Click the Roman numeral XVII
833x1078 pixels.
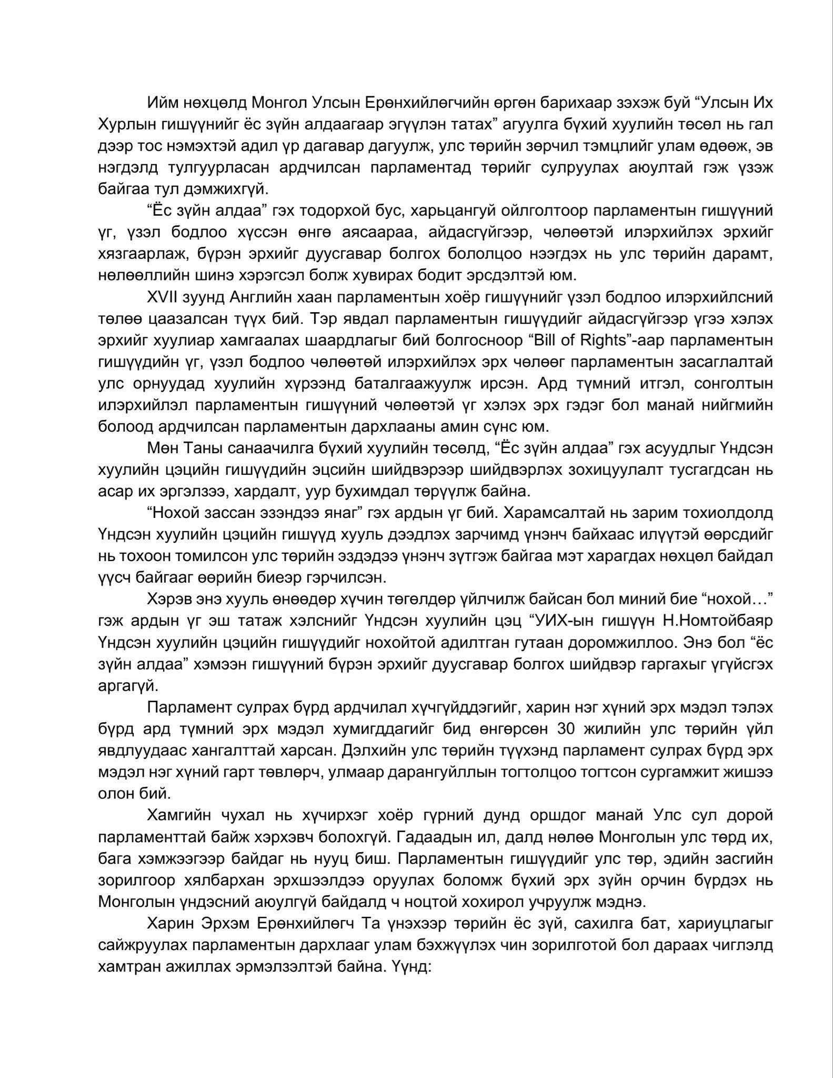(x=162, y=297)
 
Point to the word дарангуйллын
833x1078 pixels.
(x=450, y=773)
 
